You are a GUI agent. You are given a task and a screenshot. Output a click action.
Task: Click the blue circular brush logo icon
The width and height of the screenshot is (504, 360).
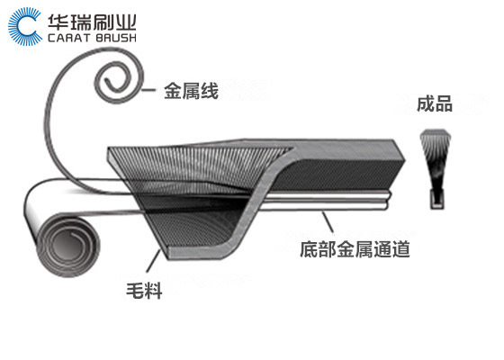[x=25, y=26]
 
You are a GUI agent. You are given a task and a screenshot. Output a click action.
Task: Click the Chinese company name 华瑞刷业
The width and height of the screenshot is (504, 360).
[x=92, y=22]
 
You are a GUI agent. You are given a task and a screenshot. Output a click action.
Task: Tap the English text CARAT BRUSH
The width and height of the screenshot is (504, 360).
[x=92, y=38]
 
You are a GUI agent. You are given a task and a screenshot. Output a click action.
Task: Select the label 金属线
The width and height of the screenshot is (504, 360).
[x=191, y=91]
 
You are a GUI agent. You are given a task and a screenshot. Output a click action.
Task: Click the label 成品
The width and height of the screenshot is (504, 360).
[x=435, y=103]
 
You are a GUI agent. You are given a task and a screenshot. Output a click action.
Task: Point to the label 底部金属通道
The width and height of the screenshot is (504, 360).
[x=355, y=249]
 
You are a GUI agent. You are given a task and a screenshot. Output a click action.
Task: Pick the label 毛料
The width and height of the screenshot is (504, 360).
[x=144, y=291]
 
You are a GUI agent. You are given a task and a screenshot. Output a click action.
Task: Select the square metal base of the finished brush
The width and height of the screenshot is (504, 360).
[x=437, y=199]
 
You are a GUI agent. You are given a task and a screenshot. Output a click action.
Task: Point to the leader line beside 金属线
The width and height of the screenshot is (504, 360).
[x=148, y=90]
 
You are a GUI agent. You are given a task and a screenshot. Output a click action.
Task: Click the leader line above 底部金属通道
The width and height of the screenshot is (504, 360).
[x=328, y=221]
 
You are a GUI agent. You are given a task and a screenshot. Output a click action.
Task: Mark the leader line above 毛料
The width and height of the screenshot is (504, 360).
[x=153, y=261]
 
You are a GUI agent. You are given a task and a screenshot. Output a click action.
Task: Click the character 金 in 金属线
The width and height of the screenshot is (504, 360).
[x=173, y=91]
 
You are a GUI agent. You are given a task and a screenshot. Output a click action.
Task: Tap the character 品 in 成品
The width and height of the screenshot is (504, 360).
[x=444, y=103]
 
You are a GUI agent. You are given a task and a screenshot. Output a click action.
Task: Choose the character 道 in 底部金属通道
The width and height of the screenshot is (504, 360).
[x=401, y=249]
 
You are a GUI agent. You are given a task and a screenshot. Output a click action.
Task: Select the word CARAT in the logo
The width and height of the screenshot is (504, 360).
[x=68, y=38]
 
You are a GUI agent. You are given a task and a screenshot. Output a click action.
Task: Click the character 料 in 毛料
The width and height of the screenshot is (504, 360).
[x=153, y=291]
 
